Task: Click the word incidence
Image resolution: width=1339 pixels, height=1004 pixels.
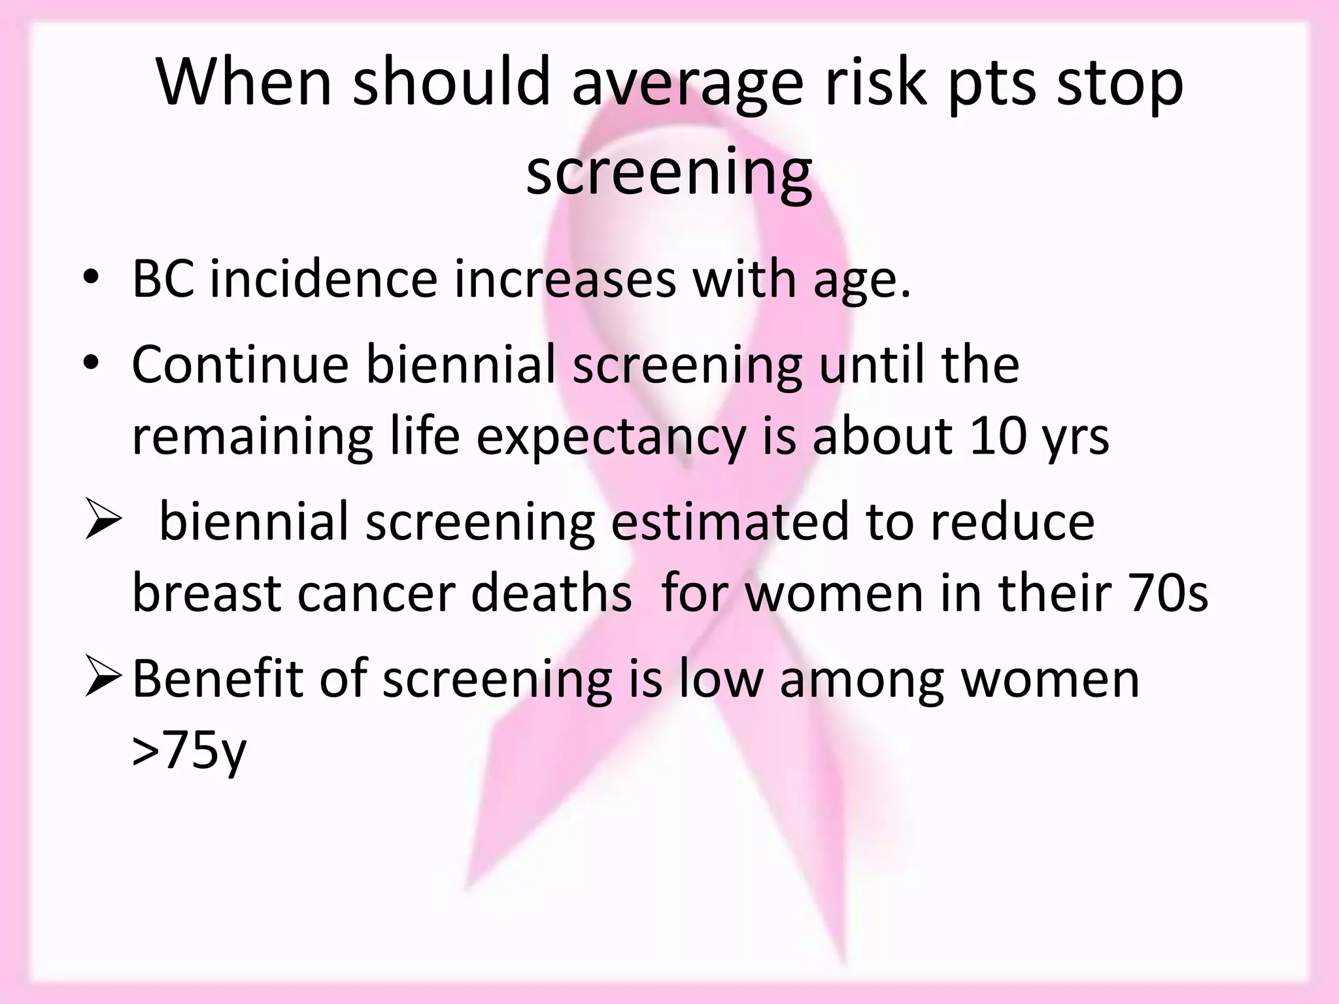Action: coord(323,279)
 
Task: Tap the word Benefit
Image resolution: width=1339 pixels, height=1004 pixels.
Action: coord(216,679)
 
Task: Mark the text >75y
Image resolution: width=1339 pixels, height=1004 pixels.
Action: coord(189,752)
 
